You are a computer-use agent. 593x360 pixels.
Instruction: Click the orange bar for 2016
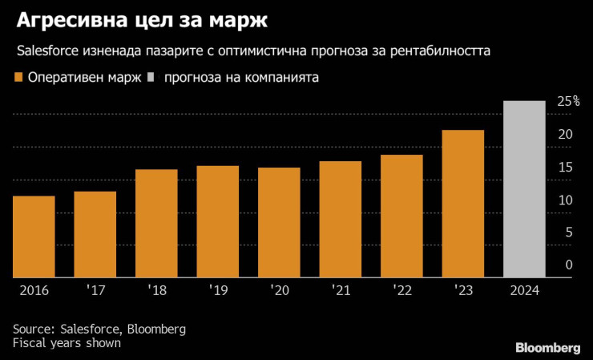(34, 237)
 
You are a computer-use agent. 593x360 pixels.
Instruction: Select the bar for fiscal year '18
(156, 223)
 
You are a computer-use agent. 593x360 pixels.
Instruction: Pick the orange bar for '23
(463, 204)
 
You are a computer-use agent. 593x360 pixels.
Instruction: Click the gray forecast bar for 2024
(524, 189)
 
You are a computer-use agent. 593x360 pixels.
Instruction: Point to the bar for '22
(401, 216)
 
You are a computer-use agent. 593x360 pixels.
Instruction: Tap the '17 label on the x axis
(95, 289)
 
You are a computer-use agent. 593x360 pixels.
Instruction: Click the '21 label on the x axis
(340, 289)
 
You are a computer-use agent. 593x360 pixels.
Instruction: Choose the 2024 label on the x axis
(524, 289)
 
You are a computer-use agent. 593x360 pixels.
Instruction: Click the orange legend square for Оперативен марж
(18, 78)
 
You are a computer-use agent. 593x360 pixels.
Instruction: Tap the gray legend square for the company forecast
(150, 78)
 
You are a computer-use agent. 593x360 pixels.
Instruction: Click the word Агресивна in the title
(65, 20)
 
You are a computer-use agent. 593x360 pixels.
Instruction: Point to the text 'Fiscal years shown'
(67, 342)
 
